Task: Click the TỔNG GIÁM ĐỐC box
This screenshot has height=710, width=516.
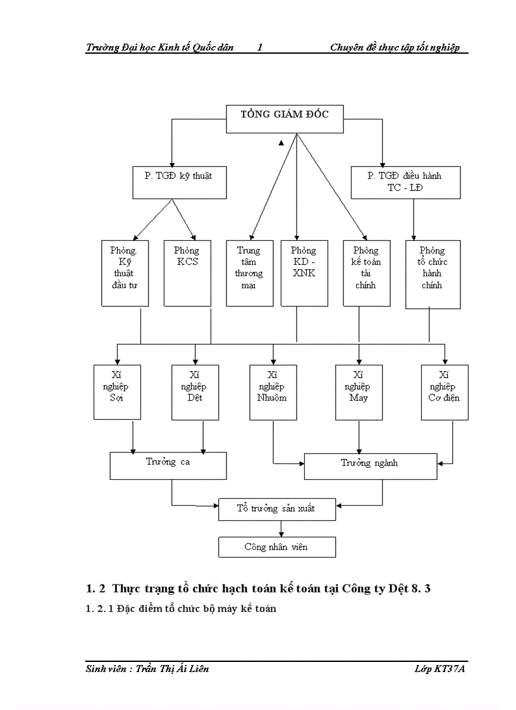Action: click(x=285, y=118)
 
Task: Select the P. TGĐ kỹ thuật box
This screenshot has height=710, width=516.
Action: click(x=180, y=182)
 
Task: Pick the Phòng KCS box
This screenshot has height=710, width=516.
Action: click(x=187, y=273)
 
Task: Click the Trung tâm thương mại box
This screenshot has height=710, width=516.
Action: click(x=250, y=273)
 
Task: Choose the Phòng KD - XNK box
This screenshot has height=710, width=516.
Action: click(x=304, y=273)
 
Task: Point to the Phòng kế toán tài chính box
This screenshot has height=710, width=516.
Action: click(x=366, y=273)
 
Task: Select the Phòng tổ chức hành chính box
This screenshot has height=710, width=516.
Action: click(x=433, y=274)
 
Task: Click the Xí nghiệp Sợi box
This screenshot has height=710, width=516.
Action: click(x=116, y=392)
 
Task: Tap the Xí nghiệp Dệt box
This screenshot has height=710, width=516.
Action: click(x=195, y=392)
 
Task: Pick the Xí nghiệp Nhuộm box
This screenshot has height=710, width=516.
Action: click(x=273, y=392)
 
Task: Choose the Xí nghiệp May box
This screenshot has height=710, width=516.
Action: click(x=359, y=392)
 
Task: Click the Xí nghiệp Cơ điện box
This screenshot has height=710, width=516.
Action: click(x=445, y=392)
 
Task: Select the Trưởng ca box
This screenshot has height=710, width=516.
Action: click(x=168, y=466)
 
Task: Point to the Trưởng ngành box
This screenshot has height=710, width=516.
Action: click(x=370, y=467)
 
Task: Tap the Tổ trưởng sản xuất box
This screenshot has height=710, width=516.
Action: click(x=276, y=509)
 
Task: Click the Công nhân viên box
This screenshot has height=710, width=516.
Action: click(x=276, y=547)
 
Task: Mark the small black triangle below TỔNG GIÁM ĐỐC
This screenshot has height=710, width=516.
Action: click(x=281, y=144)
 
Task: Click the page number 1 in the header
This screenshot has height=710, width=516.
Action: click(x=261, y=47)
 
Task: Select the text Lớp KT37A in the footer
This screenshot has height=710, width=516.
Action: click(x=435, y=669)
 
